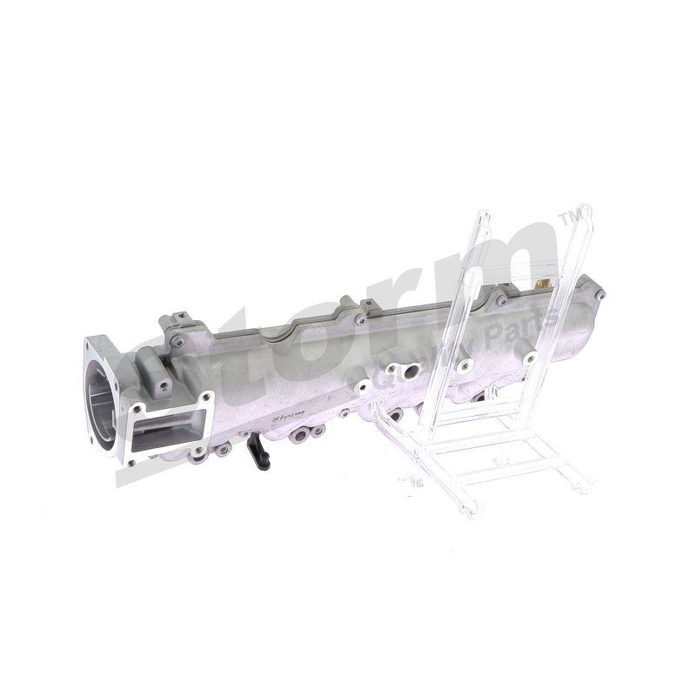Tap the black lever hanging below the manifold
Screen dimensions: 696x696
(x=258, y=452)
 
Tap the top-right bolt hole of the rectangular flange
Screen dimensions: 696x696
(x=206, y=399)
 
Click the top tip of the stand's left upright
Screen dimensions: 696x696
(x=483, y=214)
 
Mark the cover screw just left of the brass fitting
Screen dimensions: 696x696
(x=503, y=301)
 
